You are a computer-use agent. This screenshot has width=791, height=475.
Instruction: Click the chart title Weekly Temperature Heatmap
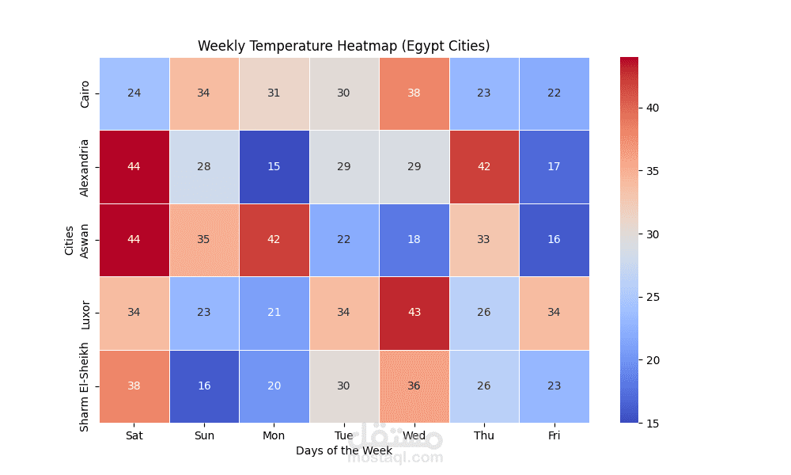tap(343, 46)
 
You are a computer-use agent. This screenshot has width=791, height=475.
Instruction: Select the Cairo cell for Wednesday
tap(414, 93)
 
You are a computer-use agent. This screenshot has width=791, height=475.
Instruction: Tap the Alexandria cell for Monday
tap(274, 167)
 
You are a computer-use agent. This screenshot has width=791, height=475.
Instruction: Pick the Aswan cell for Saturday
tap(134, 240)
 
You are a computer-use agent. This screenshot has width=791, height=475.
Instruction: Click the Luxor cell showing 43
tap(414, 313)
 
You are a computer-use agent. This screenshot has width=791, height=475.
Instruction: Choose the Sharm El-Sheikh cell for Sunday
tap(204, 386)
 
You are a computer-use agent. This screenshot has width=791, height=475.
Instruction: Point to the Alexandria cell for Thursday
tap(483, 167)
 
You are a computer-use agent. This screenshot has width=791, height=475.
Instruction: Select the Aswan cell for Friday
tap(554, 240)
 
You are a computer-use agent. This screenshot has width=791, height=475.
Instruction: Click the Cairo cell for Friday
tap(554, 93)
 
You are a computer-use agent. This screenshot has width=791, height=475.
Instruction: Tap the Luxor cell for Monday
tap(274, 313)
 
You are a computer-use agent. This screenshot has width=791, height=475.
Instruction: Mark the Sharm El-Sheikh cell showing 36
tap(414, 386)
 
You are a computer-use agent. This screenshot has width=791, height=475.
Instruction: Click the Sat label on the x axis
tap(134, 435)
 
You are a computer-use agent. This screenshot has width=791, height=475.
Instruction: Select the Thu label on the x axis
tap(483, 435)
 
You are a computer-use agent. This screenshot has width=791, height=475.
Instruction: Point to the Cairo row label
tap(85, 93)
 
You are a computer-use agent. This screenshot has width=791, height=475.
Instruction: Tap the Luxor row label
tap(85, 313)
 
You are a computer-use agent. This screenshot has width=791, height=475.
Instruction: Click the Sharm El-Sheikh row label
tap(85, 386)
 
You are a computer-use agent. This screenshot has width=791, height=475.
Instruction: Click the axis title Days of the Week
tap(343, 450)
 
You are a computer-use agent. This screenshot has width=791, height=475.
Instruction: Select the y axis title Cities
tap(69, 240)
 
